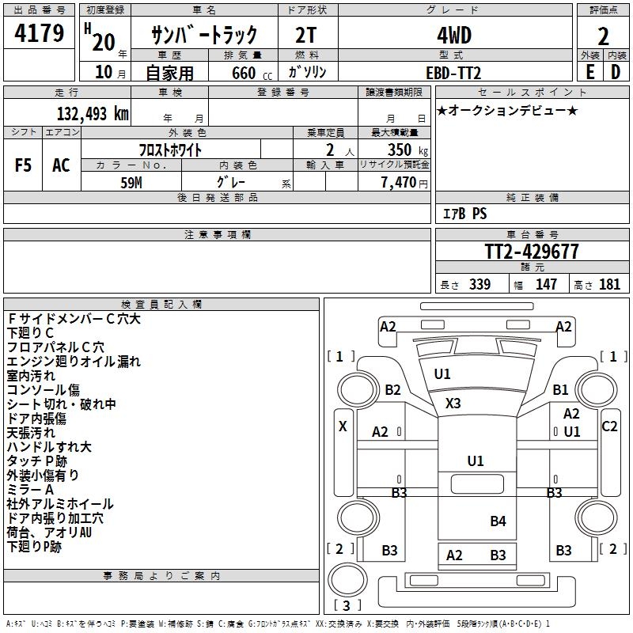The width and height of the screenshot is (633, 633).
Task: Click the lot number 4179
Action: coord(40,34)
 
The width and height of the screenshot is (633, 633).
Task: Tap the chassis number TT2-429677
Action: coord(532,252)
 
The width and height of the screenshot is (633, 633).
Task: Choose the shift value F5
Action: coord(23,165)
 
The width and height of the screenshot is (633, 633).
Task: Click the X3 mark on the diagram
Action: coord(453,404)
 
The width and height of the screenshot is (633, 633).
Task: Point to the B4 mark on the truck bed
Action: coord(498,521)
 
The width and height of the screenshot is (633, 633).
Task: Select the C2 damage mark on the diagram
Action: coord(609,426)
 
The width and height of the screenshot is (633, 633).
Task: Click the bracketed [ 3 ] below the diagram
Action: coord(347,605)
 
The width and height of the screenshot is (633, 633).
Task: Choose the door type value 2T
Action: coord(307,35)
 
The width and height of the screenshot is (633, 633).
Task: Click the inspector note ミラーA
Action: coord(31,489)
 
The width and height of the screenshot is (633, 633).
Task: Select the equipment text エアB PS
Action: coord(464,214)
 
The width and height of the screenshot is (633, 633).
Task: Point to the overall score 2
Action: coord(603,36)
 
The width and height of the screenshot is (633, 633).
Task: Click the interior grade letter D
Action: coord(616,72)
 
